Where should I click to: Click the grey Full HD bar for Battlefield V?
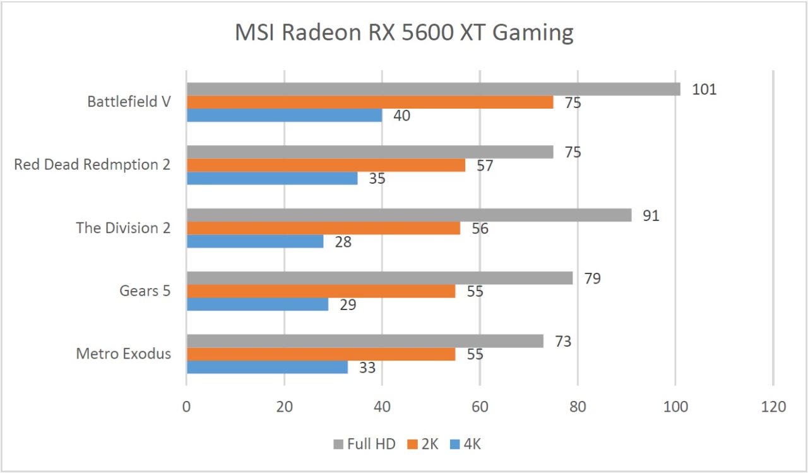(433, 89)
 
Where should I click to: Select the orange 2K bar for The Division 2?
(323, 228)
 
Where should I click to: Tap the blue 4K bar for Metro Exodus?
(267, 367)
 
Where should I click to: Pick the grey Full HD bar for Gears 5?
(379, 278)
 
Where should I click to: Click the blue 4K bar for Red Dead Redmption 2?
(272, 178)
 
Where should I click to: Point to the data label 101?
(704, 89)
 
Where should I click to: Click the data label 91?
(651, 215)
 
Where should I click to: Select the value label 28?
(343, 242)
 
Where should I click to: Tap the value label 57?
(485, 166)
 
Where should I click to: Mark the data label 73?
(562, 342)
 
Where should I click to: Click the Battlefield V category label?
(129, 102)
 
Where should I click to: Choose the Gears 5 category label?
(145, 291)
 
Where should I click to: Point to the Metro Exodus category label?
(123, 354)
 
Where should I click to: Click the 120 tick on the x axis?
(773, 407)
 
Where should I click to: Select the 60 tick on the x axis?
(480, 407)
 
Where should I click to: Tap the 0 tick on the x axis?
(186, 407)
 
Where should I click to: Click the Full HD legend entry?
(371, 445)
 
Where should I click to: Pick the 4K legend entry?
(471, 445)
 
